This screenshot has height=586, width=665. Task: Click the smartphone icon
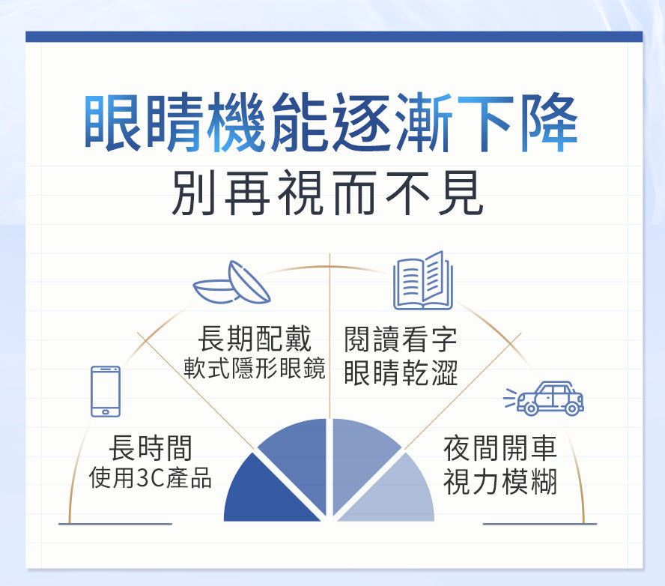[106, 391]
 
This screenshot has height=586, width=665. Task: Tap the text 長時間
[151, 447]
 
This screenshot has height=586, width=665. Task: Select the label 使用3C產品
[150, 477]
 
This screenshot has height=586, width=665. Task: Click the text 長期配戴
[255, 339]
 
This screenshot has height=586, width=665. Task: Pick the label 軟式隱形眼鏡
[255, 369]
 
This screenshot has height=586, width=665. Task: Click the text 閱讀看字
[401, 339]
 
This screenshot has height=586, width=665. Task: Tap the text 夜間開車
[500, 448]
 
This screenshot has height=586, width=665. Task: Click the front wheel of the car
[531, 408]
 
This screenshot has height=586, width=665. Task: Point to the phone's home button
[106, 410]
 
